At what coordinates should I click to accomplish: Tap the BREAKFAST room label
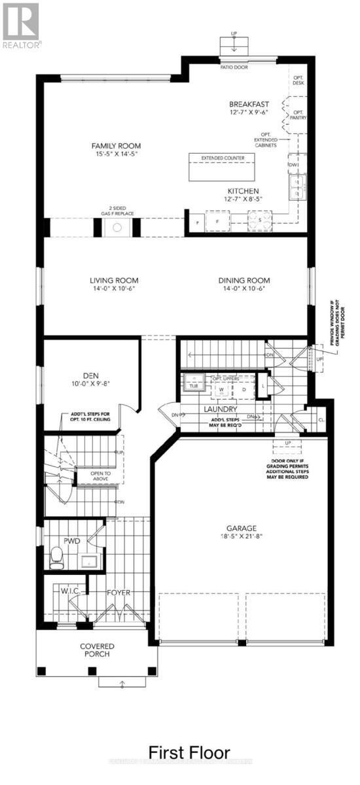point(249,104)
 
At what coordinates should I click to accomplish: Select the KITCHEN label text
point(243,191)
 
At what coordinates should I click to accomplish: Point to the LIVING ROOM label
point(114,281)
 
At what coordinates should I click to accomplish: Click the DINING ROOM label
point(244,281)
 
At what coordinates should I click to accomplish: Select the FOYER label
point(118,593)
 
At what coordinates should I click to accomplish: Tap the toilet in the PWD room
point(58,558)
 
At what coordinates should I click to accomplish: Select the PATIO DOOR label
point(234,67)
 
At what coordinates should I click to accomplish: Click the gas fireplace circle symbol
point(117,228)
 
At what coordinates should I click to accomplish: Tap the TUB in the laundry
point(194,385)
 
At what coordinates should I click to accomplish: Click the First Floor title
point(189,752)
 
